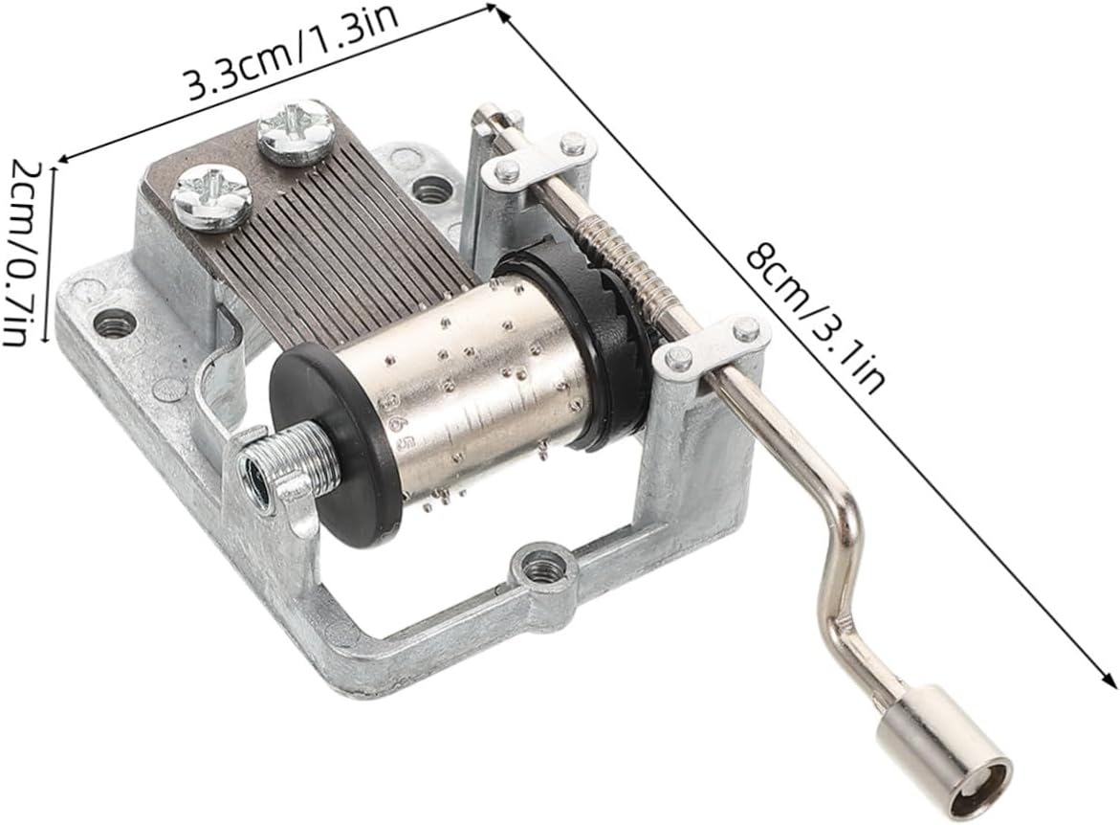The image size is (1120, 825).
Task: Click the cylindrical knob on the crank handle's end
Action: [944, 758]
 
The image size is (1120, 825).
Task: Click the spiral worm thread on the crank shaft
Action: [627, 264]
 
